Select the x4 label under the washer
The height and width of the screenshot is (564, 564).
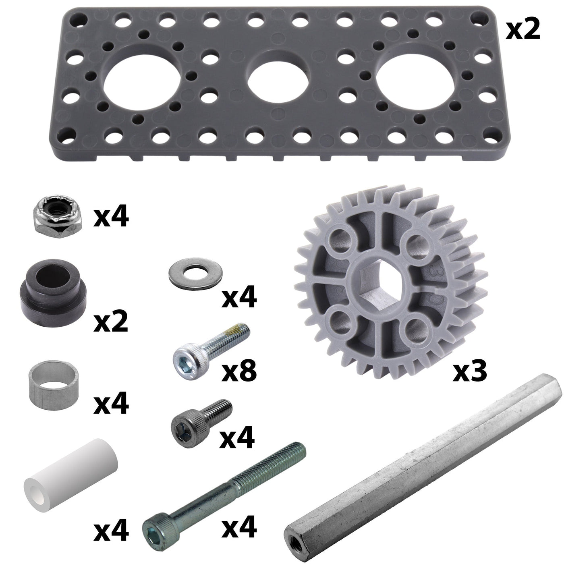239,297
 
